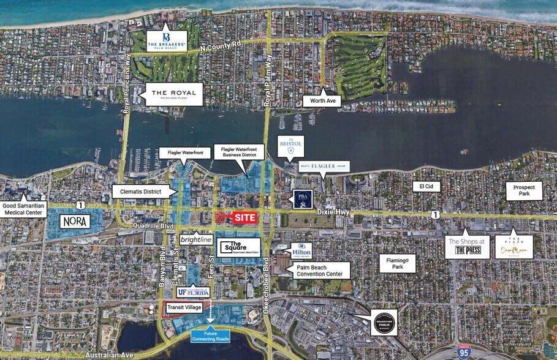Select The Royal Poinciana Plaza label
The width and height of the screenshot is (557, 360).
point(170,94)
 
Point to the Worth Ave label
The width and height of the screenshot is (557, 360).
point(322,101)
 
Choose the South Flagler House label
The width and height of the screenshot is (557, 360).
point(324,167)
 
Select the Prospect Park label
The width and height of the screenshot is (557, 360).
point(524,191)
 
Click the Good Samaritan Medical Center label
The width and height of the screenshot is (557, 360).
point(24,208)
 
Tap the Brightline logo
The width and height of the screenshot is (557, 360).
point(196,239)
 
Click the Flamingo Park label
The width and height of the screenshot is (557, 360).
point(397,263)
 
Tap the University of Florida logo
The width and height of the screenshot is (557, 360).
point(194,292)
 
